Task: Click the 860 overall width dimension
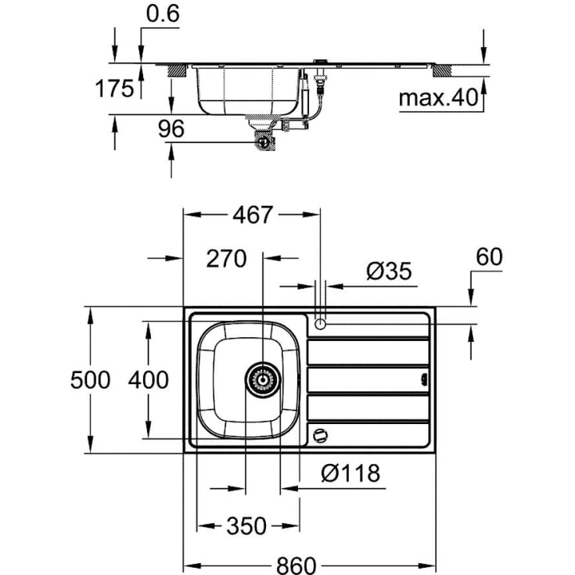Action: [x=296, y=563]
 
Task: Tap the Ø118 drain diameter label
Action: [x=350, y=473]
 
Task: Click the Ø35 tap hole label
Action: [x=388, y=271]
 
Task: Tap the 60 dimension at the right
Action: [x=488, y=257]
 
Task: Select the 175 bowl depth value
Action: [x=114, y=88]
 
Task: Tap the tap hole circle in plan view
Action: [x=320, y=323]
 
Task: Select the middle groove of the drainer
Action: [x=368, y=379]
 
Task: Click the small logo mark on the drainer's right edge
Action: [x=425, y=379]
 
